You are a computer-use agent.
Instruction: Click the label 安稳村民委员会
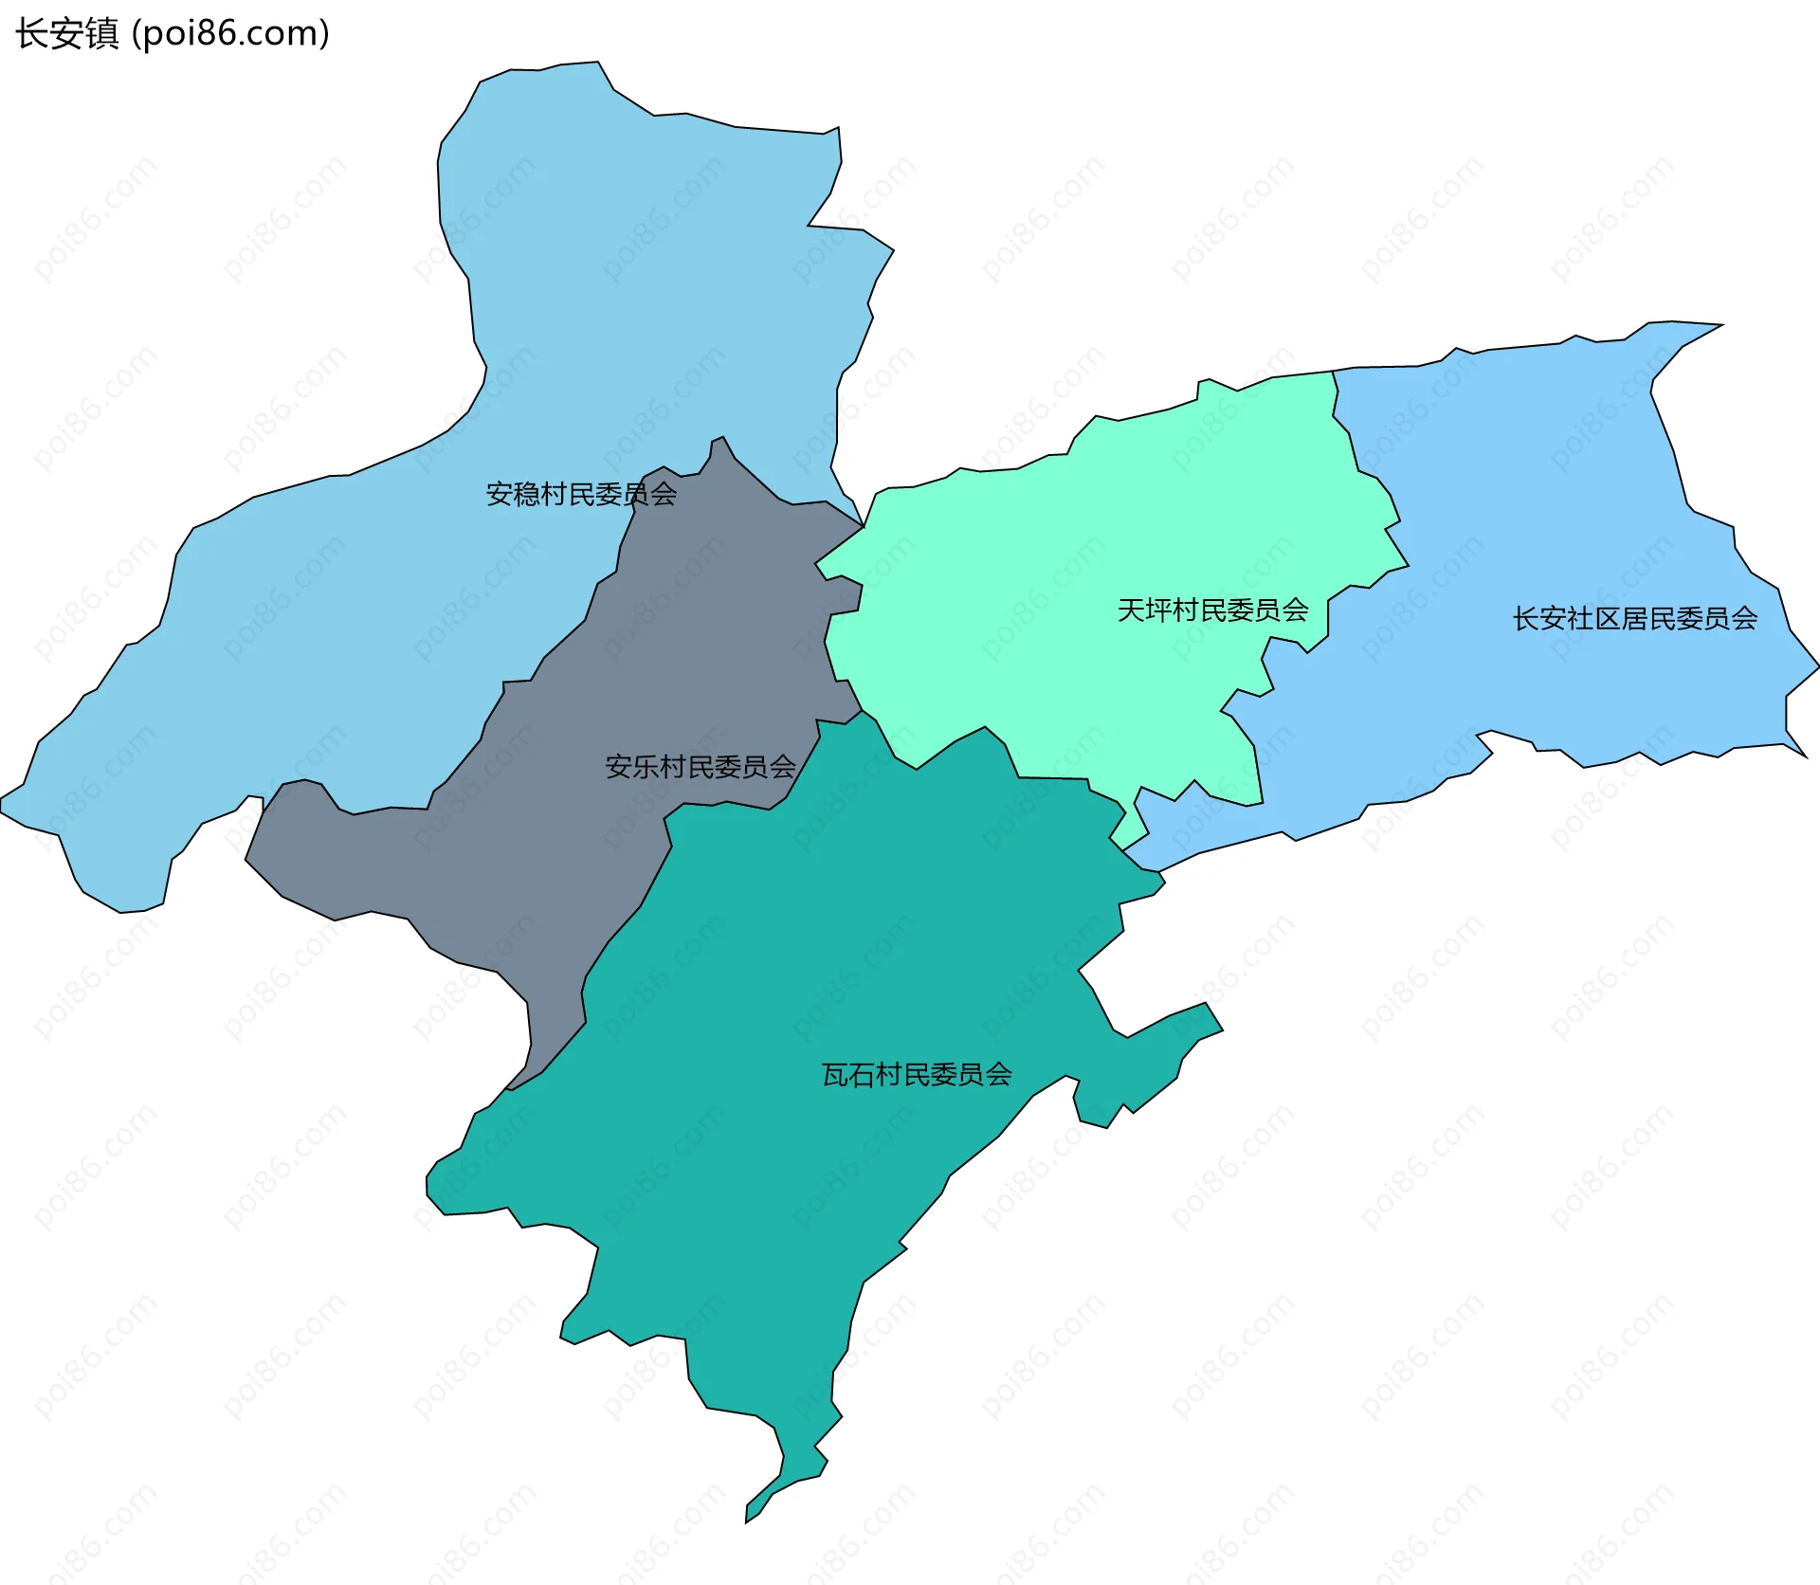[581, 494]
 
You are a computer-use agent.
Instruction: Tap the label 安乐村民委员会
[701, 766]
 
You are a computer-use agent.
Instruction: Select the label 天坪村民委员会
[1212, 610]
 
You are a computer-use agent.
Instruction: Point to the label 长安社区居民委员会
[1635, 619]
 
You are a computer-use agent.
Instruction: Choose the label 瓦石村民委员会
[917, 1074]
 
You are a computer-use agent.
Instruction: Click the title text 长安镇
[66, 34]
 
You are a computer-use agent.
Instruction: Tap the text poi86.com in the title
[230, 34]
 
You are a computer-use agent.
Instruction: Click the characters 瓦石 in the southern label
[847, 1074]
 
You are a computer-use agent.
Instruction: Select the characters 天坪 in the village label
[1144, 610]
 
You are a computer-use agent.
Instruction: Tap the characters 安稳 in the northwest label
[513, 494]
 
